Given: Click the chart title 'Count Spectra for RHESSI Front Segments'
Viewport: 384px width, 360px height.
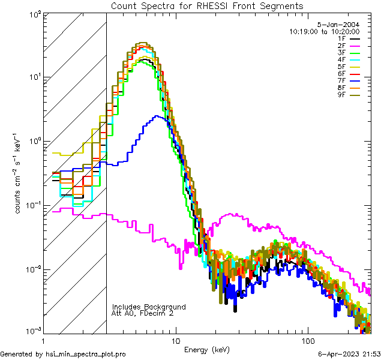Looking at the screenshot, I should pos(207,5).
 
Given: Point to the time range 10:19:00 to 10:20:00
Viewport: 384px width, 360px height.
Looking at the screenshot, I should pos(324,31).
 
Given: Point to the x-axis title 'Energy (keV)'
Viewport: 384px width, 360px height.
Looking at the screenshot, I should pos(207,349).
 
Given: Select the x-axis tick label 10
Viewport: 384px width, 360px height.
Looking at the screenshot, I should pos(175,340).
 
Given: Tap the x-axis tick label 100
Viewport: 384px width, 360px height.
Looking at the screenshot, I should pos(308,340).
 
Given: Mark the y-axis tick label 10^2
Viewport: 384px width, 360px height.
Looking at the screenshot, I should pos(34,13).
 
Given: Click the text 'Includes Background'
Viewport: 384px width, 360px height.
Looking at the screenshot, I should pos(149,307).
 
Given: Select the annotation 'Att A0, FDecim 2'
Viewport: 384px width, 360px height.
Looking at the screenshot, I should pos(143,313).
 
